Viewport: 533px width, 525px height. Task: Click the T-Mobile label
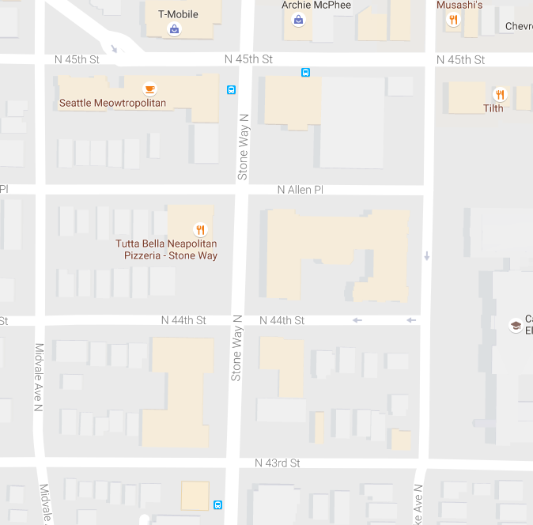coord(178,14)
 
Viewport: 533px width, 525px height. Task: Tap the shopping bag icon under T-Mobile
coord(174,30)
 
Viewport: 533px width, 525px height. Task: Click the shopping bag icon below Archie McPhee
coord(298,20)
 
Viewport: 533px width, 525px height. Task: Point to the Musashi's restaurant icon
coord(453,21)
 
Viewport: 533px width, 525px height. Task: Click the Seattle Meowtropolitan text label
coord(112,104)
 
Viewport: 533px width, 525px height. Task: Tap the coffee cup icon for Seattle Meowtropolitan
coord(149,88)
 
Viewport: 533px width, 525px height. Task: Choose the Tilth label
coord(493,108)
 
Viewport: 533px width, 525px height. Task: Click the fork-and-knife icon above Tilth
coord(499,93)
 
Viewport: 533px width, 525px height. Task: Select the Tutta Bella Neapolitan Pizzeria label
coord(166,250)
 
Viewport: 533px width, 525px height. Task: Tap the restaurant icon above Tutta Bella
coord(201,230)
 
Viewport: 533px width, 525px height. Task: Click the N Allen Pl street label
coord(301,190)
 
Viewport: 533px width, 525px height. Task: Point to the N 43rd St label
coord(278,463)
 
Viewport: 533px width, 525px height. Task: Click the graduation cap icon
coord(516,325)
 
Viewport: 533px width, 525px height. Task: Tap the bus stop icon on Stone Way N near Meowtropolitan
coord(232,90)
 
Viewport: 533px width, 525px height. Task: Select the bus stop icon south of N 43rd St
coord(217,504)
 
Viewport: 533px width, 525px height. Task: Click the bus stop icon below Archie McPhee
coord(305,73)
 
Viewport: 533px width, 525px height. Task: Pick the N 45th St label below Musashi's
coord(461,60)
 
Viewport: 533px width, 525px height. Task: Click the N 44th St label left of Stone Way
coord(183,320)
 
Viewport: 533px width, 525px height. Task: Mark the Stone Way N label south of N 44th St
coord(236,358)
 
